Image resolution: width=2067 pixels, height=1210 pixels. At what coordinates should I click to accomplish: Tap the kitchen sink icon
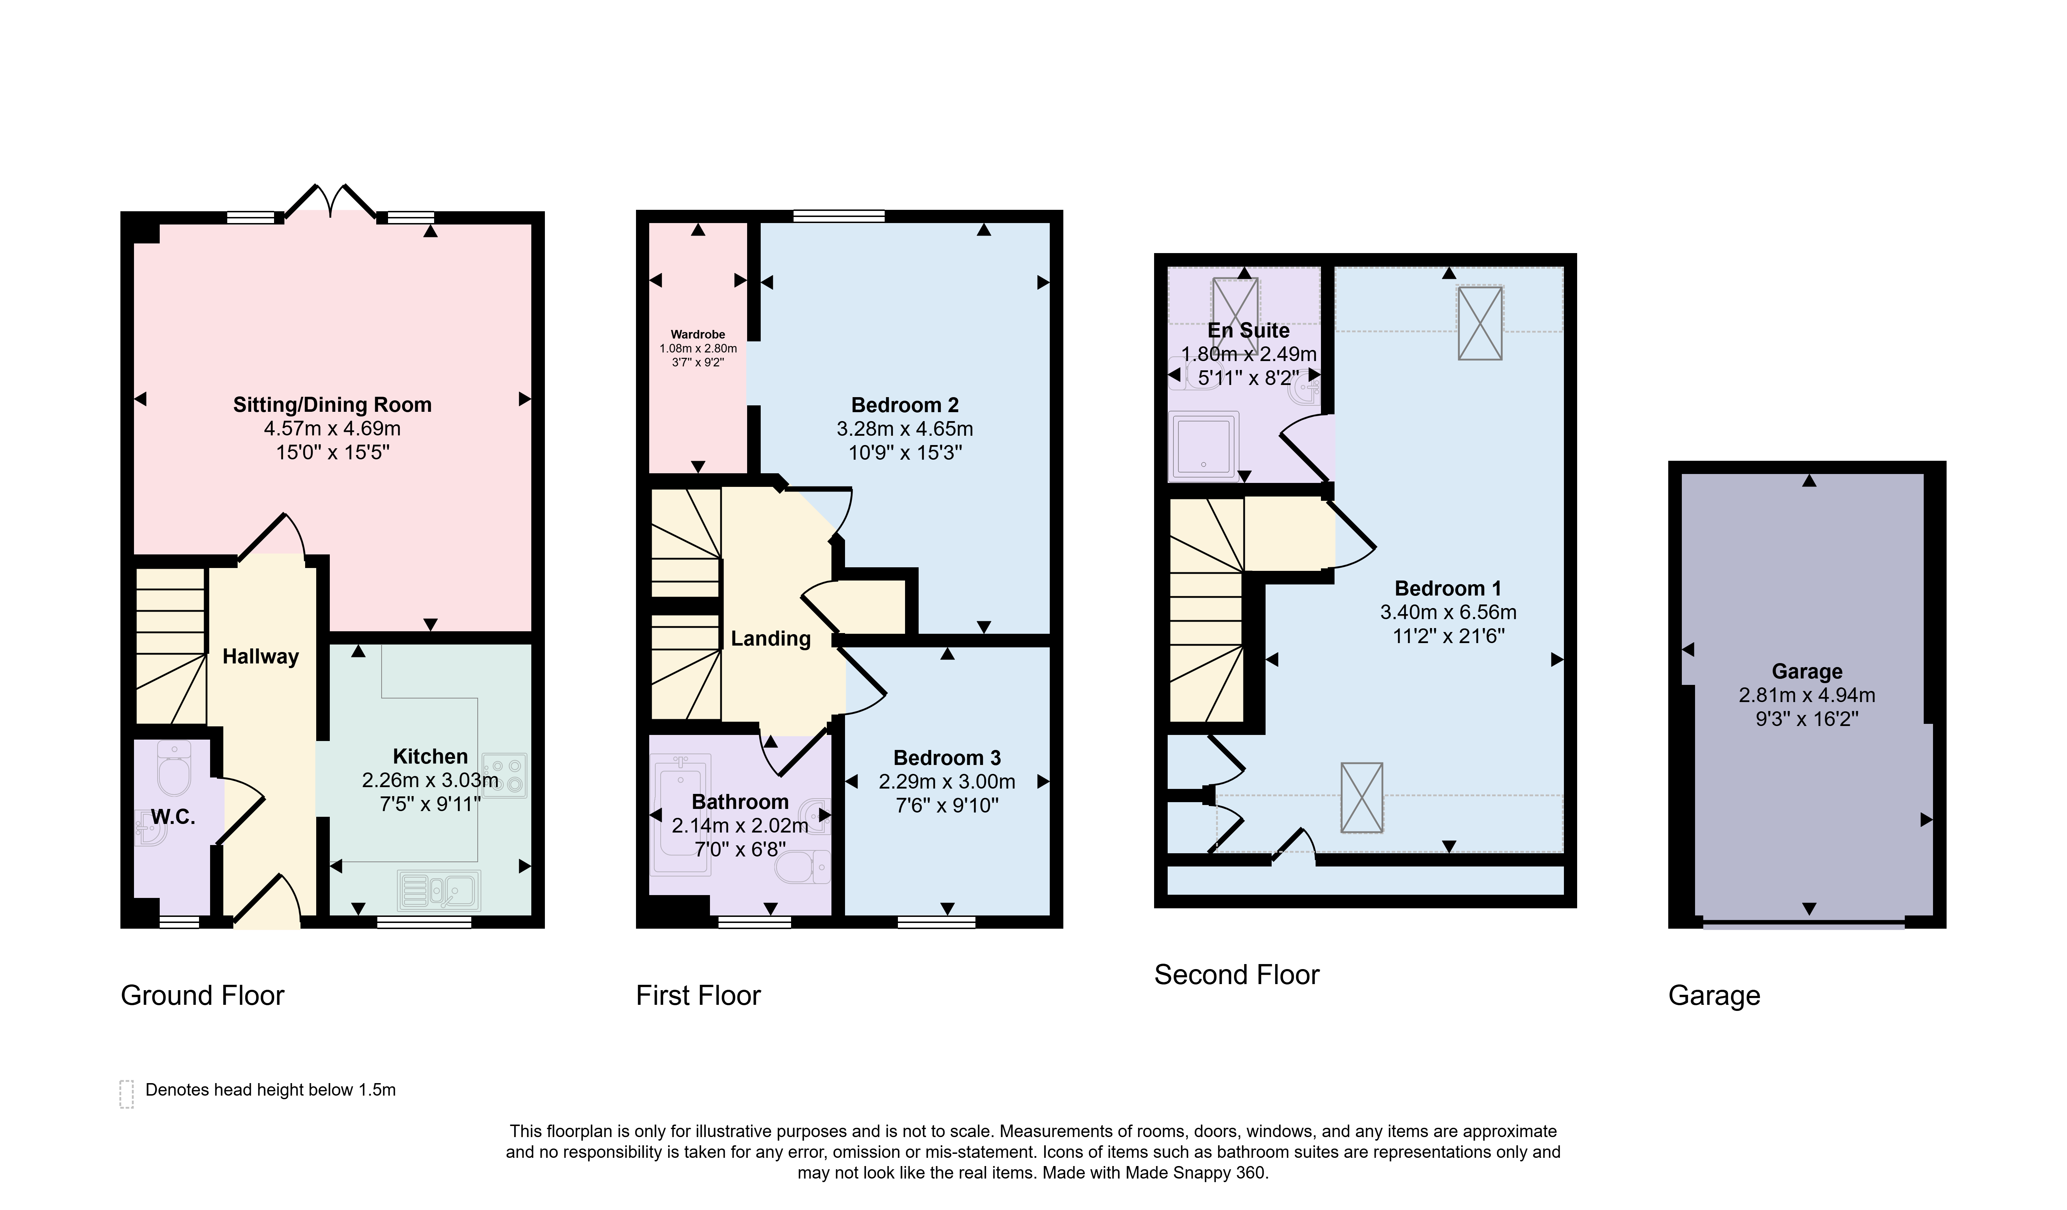[439, 890]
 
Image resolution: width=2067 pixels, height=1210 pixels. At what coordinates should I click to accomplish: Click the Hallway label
[261, 656]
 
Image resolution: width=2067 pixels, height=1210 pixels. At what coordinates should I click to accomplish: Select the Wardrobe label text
[698, 335]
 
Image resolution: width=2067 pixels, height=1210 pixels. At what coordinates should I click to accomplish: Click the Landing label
[771, 638]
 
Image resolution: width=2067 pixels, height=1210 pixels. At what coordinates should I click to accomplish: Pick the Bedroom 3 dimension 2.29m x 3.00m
[947, 782]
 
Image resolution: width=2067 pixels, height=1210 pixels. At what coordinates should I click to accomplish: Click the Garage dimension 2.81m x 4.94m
[1807, 695]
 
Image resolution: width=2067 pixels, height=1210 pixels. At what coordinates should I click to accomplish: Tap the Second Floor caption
[1237, 974]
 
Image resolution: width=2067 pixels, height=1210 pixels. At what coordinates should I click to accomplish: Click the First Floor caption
[699, 995]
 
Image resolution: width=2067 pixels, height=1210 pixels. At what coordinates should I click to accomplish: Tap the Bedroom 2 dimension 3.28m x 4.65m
[905, 429]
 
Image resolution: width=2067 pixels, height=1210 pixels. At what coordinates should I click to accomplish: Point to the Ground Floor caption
[203, 995]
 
